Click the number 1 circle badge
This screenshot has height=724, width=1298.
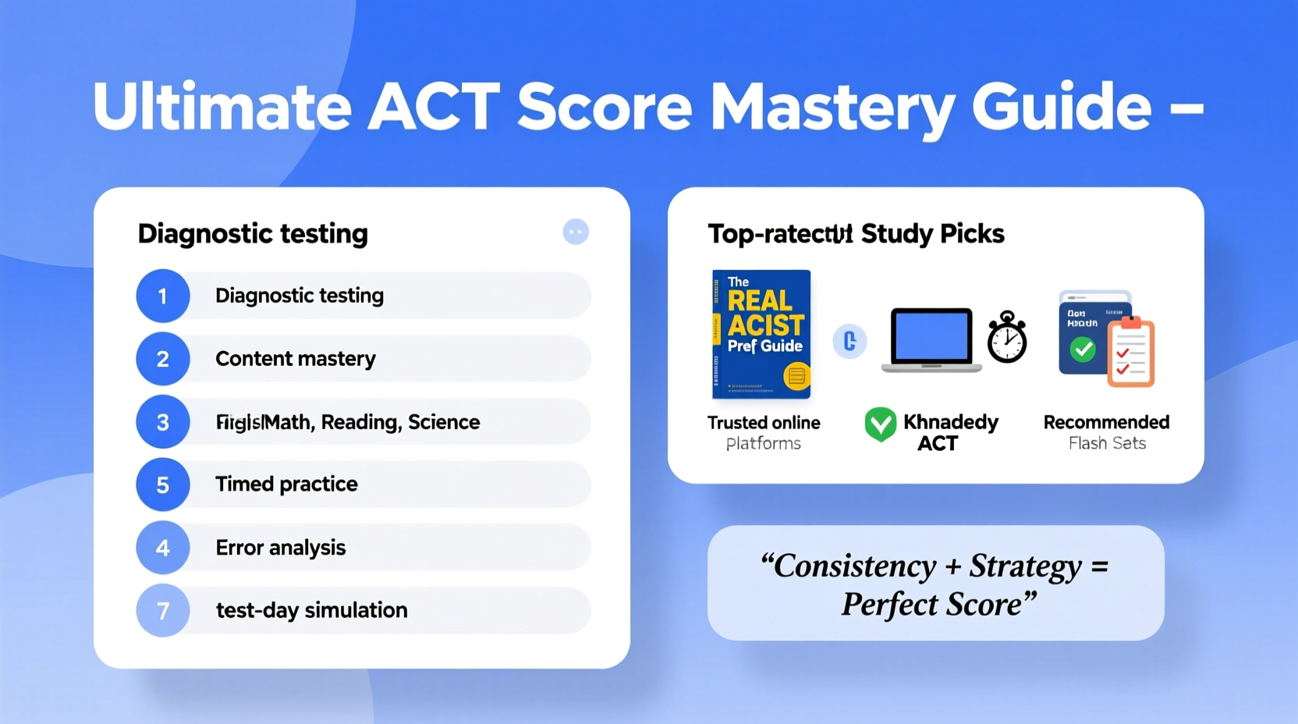pyautogui.click(x=163, y=296)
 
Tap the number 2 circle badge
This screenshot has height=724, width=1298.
pyautogui.click(x=163, y=359)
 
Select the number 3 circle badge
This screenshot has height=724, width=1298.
pyautogui.click(x=163, y=422)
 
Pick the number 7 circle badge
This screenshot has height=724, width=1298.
pyautogui.click(x=163, y=610)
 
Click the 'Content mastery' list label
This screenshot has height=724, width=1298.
pyautogui.click(x=295, y=359)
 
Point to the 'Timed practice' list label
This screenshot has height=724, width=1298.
pyautogui.click(x=286, y=484)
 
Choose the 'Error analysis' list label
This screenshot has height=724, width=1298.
pyautogui.click(x=280, y=548)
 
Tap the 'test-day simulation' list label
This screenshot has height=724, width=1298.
pyautogui.click(x=311, y=610)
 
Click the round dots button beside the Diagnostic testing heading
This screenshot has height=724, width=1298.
pyautogui.click(x=576, y=232)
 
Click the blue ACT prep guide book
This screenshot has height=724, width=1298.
pyautogui.click(x=761, y=334)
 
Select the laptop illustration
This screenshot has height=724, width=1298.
pyautogui.click(x=931, y=340)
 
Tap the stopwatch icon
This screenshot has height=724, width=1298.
pyautogui.click(x=1007, y=338)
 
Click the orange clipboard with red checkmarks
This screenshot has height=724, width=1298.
pyautogui.click(x=1131, y=353)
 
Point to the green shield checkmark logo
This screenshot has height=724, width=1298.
pyautogui.click(x=881, y=424)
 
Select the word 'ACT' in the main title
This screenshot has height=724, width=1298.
pyautogui.click(x=434, y=107)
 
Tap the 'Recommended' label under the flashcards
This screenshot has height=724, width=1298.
pyautogui.click(x=1106, y=422)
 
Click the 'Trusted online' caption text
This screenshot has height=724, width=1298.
pyautogui.click(x=764, y=423)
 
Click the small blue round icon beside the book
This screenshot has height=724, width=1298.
pyautogui.click(x=849, y=341)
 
